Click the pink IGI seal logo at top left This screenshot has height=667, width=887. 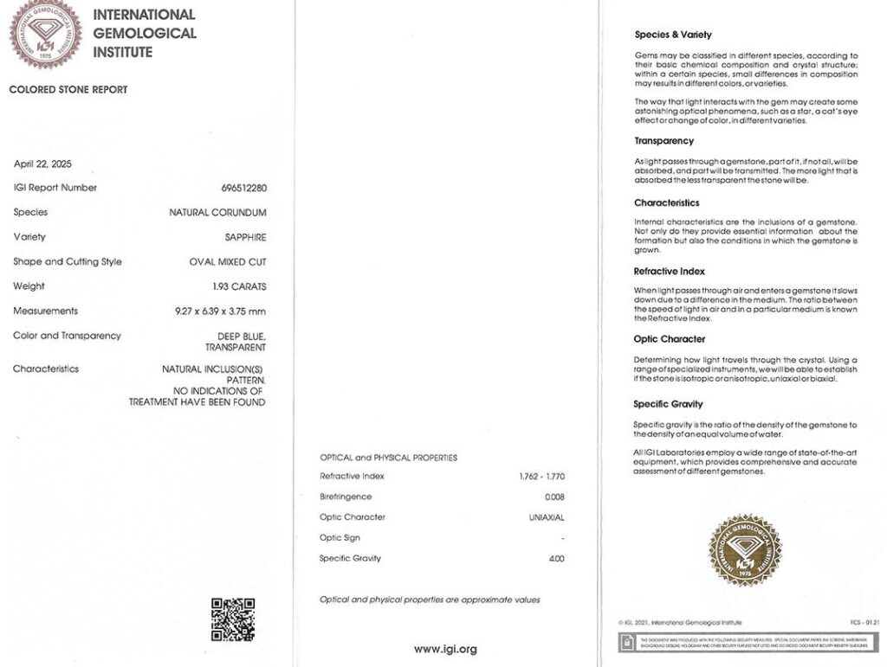(x=46, y=35)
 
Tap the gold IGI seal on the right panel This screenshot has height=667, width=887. (x=745, y=550)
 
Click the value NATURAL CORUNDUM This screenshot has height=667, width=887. (x=217, y=212)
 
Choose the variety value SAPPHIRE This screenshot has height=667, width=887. (x=245, y=237)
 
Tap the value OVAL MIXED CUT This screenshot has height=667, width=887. (x=228, y=262)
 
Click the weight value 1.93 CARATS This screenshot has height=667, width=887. (x=239, y=286)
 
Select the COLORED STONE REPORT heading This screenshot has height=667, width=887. (x=68, y=90)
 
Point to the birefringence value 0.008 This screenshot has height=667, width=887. (x=554, y=497)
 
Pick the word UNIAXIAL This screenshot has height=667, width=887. (x=547, y=517)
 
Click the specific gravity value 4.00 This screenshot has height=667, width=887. (x=556, y=559)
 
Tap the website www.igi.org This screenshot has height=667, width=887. (x=445, y=649)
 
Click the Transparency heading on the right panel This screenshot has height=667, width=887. (x=664, y=141)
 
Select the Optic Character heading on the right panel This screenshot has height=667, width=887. (x=670, y=339)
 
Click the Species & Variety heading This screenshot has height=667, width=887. (x=673, y=35)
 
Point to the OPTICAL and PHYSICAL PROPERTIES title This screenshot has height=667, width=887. (x=388, y=458)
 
